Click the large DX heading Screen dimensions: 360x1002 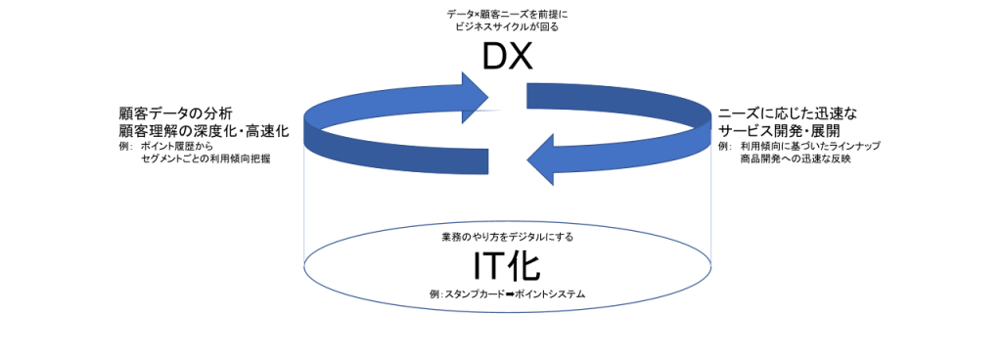506,58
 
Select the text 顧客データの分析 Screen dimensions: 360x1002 174,113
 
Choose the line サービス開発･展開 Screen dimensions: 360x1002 780,131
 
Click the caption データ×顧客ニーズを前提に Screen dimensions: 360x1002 505,13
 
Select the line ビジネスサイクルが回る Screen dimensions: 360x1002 505,26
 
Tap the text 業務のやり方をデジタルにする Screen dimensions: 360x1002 507,238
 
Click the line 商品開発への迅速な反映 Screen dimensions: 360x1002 797,158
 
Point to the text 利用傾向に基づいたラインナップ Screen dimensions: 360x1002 811,146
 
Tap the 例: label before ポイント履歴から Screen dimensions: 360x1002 124,146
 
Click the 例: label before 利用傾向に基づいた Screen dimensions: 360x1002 724,146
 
